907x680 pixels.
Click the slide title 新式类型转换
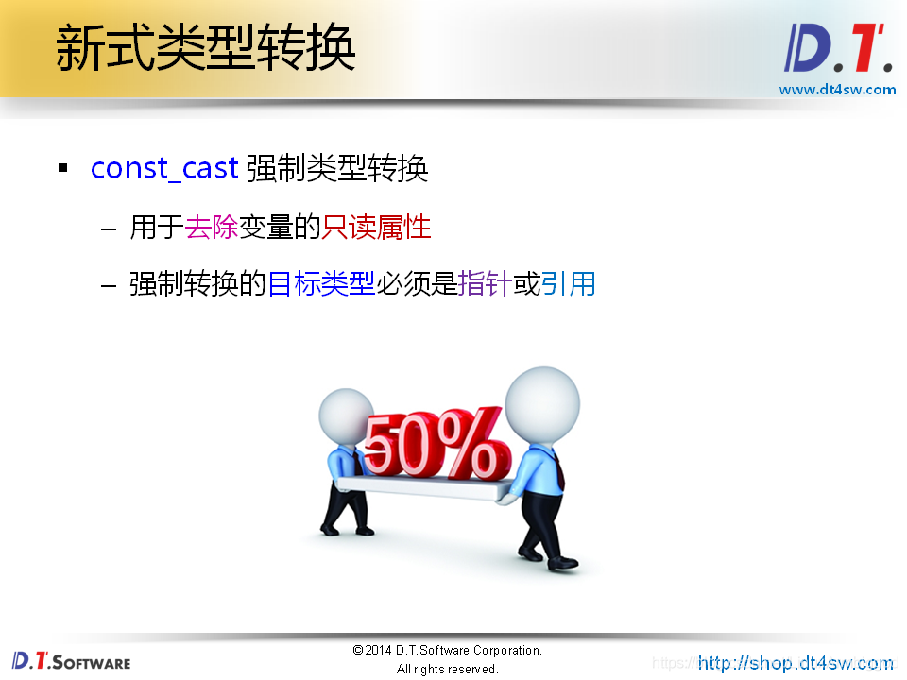[x=205, y=48]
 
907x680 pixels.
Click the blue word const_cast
[x=164, y=169]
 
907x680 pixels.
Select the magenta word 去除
[x=211, y=228]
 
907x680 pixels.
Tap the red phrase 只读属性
[x=376, y=228]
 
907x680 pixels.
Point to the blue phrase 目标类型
[x=321, y=283]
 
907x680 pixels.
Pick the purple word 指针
[x=484, y=283]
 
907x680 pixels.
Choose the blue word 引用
[x=568, y=283]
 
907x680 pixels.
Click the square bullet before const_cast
[x=63, y=169]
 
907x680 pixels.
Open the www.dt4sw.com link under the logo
[x=837, y=90]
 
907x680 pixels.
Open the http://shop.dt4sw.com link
[x=796, y=663]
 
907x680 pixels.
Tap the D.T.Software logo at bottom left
[x=72, y=660]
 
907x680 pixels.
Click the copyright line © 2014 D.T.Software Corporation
[x=447, y=651]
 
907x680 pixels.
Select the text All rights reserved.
[x=447, y=670]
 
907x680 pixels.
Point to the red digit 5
[x=384, y=447]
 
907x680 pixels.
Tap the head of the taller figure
[x=542, y=401]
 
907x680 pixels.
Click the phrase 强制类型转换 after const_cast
[x=337, y=169]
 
